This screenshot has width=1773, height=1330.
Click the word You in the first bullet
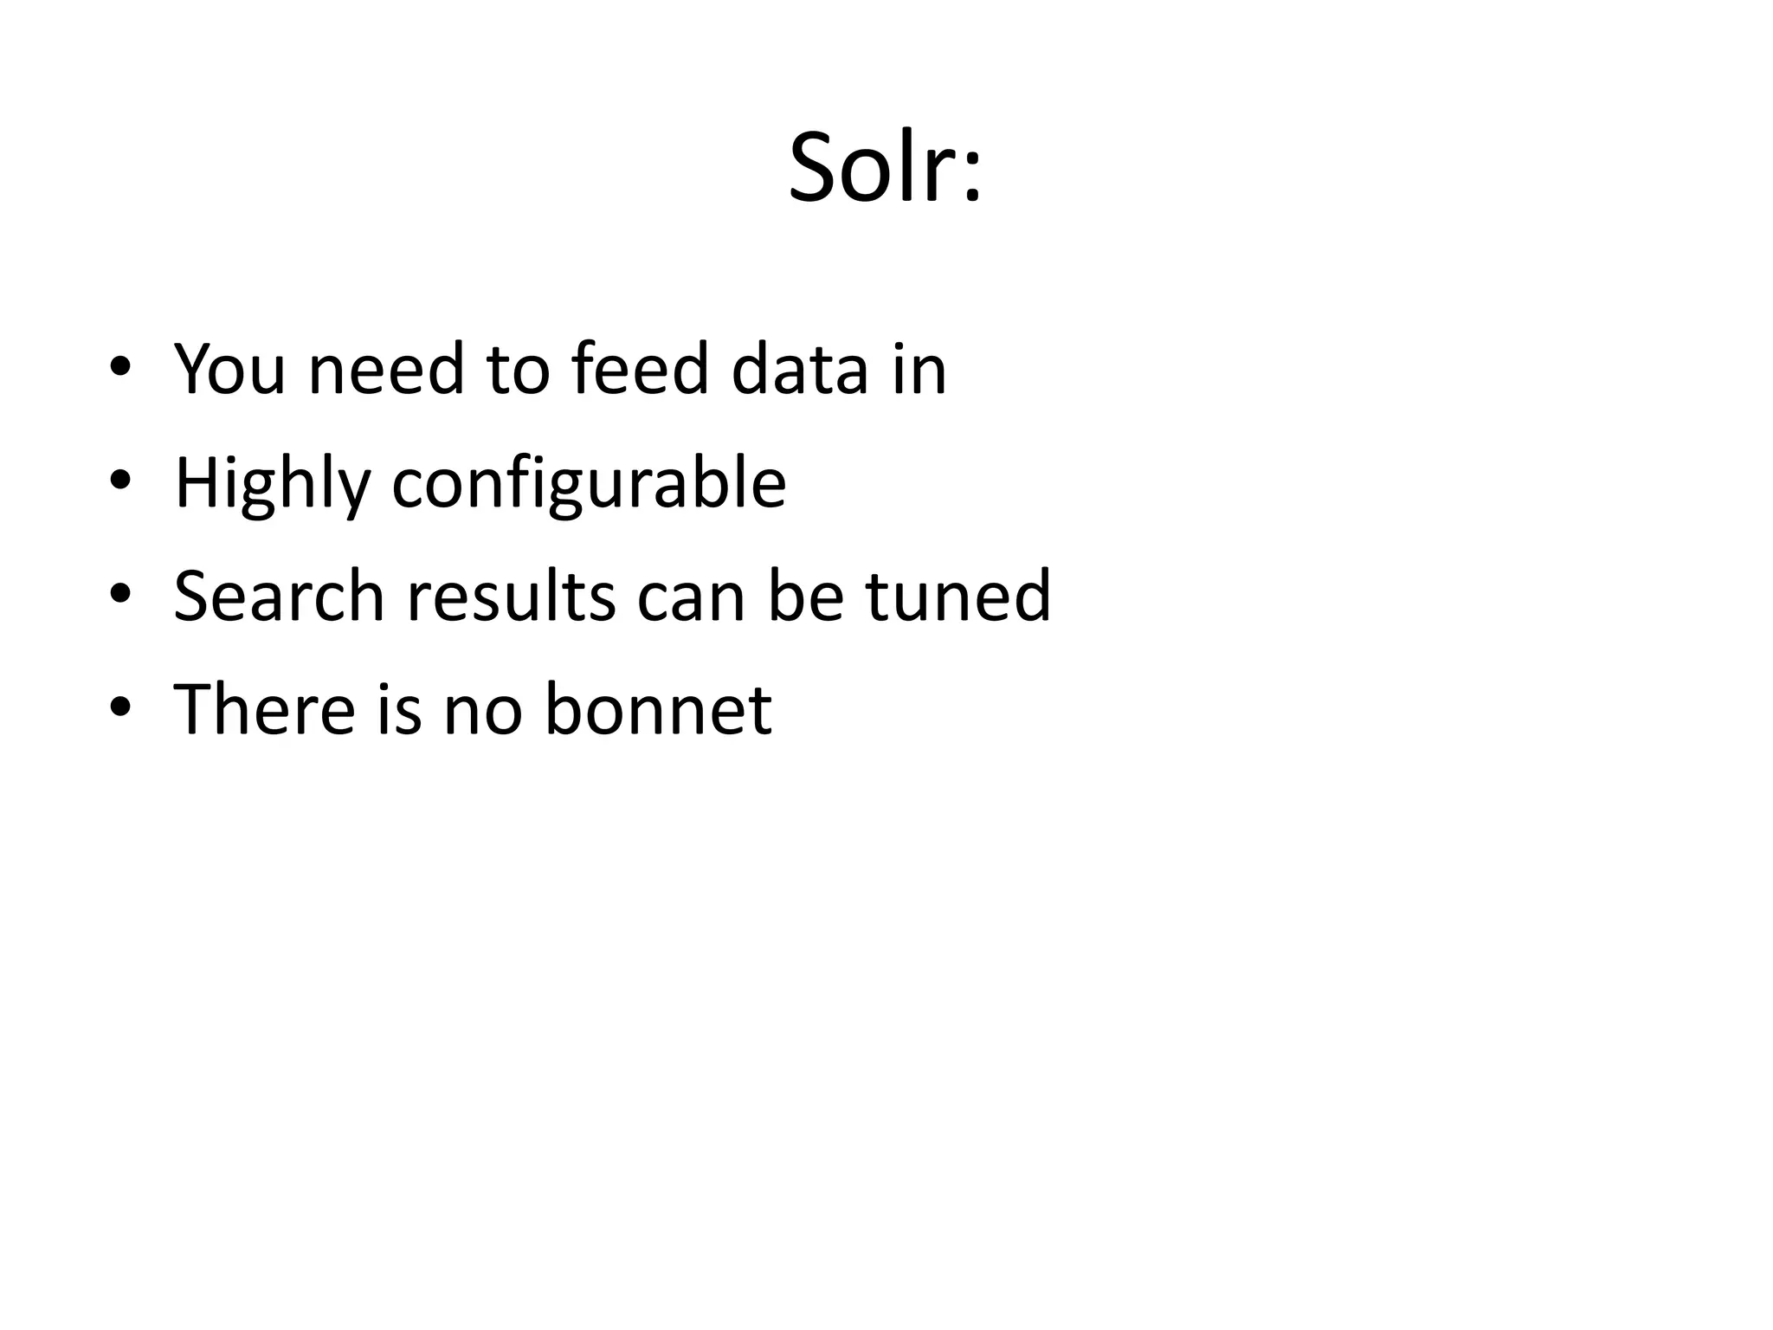coord(229,369)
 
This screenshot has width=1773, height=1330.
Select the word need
coord(386,369)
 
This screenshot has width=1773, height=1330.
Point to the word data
coord(799,369)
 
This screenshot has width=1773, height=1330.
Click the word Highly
coord(272,483)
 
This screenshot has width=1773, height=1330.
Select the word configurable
coord(589,483)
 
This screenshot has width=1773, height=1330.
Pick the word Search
coord(279,596)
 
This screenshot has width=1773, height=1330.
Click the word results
coord(511,596)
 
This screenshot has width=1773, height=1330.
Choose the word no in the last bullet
coord(483,710)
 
